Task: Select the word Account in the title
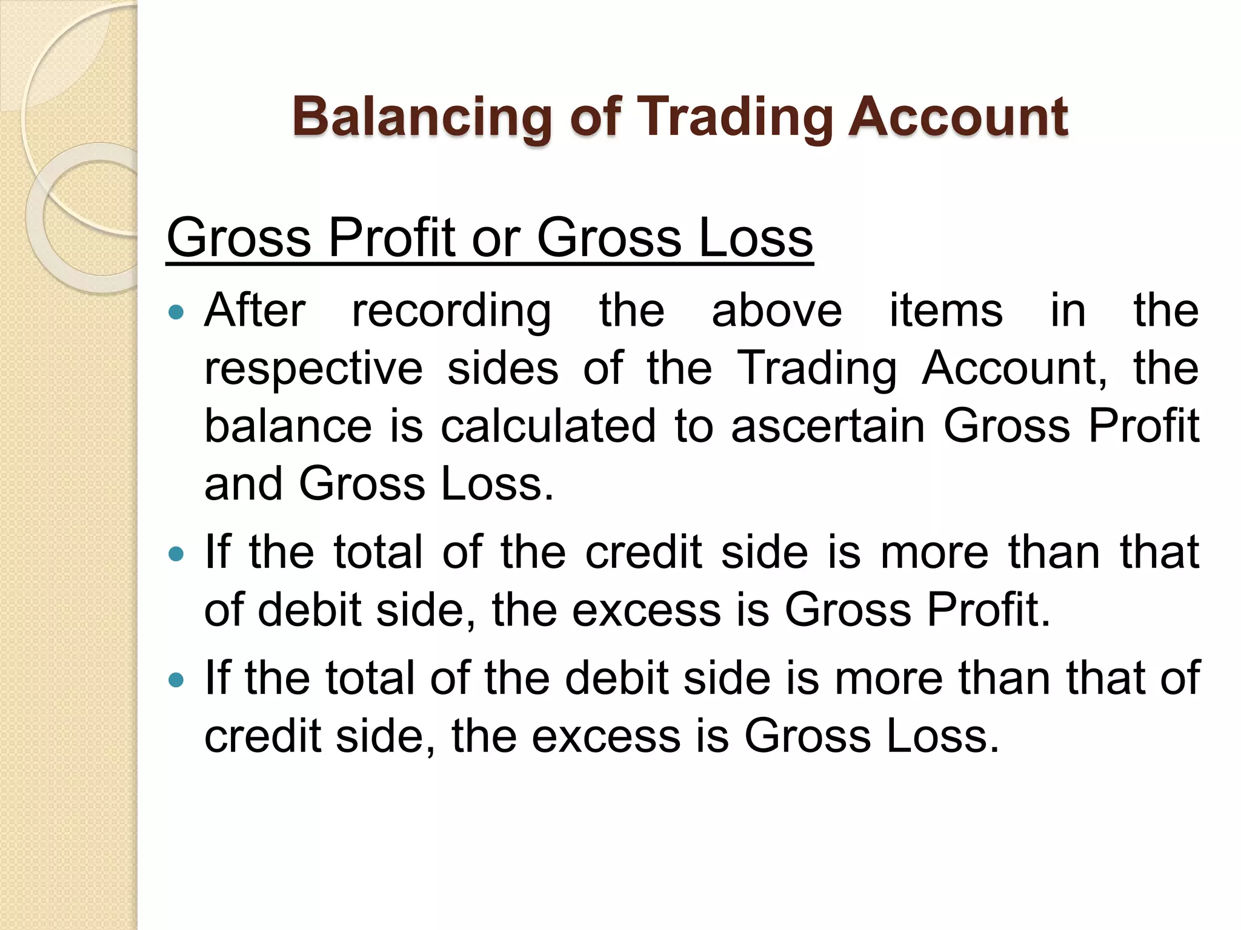point(957,116)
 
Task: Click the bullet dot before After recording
point(176,312)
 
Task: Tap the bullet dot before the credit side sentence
point(176,553)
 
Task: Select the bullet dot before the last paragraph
point(176,679)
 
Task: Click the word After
point(255,310)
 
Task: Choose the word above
point(777,310)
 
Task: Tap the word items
point(946,310)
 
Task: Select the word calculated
point(548,426)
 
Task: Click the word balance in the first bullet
point(288,426)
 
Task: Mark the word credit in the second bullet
point(644,552)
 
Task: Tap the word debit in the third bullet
point(617,678)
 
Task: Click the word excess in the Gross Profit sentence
point(647,610)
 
